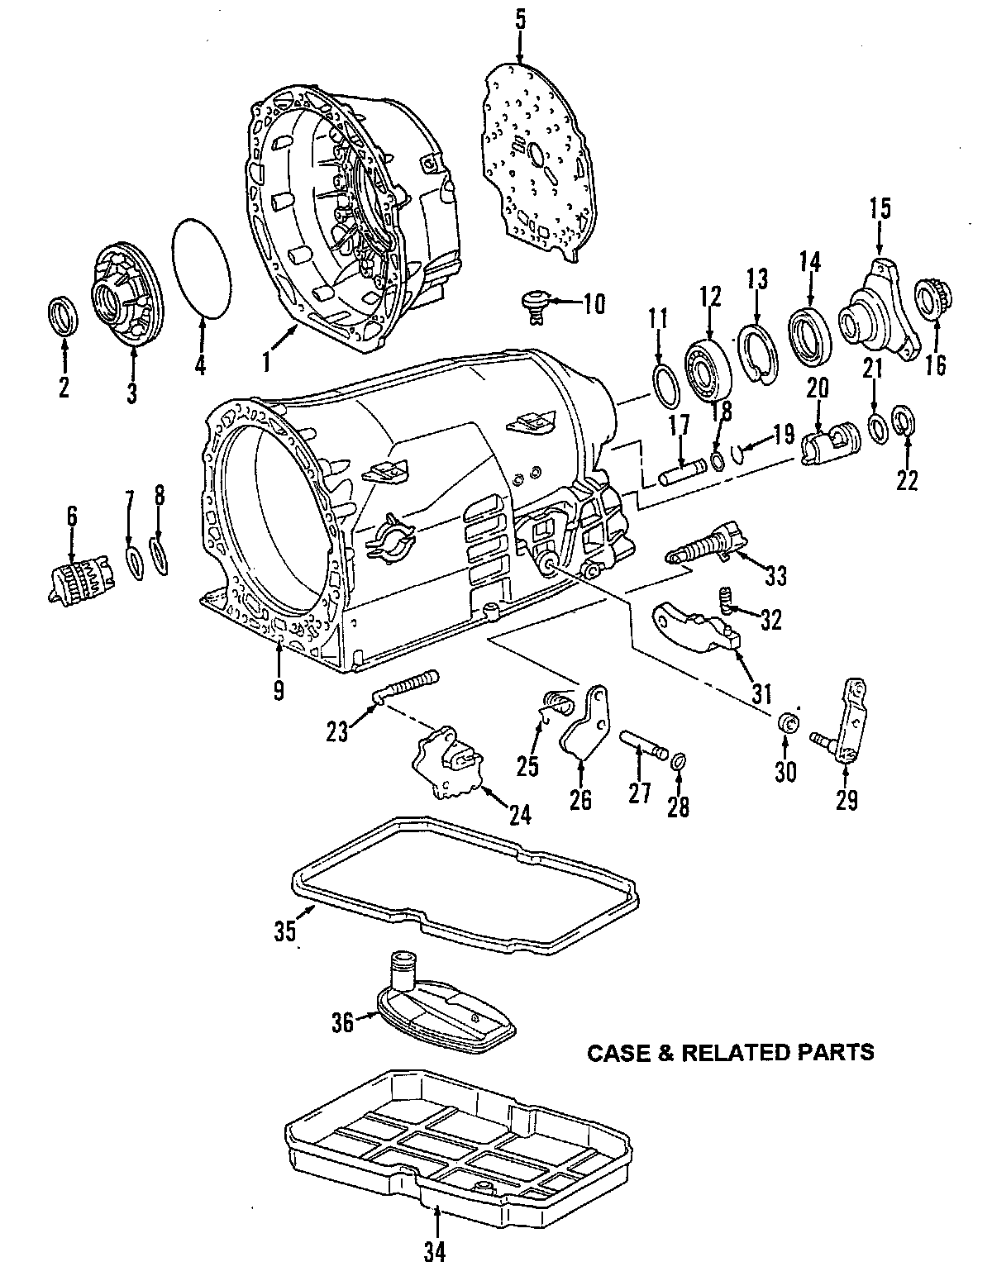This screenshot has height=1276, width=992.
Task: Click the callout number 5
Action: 520,21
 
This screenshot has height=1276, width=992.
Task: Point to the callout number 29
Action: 847,799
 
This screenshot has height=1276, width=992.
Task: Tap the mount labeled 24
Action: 450,761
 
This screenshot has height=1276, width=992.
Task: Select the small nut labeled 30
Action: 789,721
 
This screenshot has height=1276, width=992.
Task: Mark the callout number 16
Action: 936,364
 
